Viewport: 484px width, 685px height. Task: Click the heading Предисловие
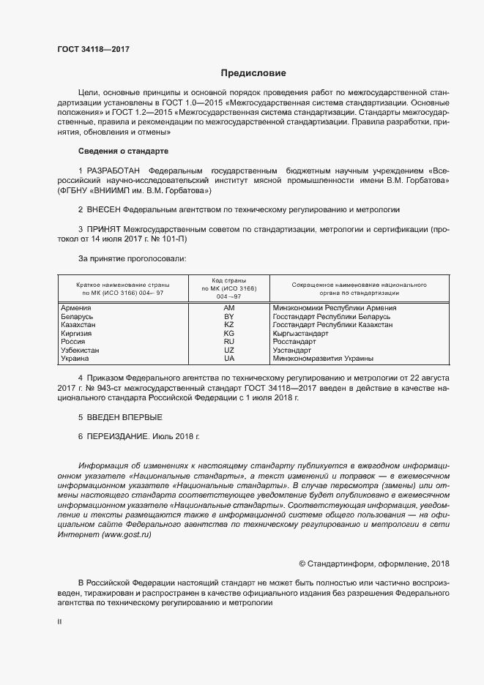click(253, 73)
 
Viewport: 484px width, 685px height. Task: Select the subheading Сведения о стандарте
click(123, 151)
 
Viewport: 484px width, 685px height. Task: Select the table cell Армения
click(77, 308)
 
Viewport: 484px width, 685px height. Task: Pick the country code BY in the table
click(228, 316)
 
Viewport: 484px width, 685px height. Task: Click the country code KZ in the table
click(228, 324)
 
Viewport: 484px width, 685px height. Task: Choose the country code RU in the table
click(228, 342)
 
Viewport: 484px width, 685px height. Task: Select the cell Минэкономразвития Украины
click(322, 359)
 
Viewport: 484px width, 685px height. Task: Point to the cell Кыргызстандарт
click(300, 333)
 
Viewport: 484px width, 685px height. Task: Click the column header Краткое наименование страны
click(123, 284)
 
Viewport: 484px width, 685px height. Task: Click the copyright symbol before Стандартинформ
click(302, 564)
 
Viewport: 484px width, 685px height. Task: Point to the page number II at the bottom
click(60, 621)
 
